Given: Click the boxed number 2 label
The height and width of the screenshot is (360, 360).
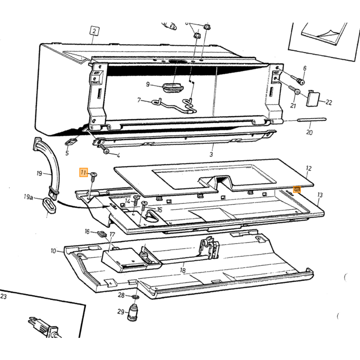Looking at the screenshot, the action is [x=94, y=31].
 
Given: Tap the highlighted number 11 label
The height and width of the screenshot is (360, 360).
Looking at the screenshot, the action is [x=83, y=172].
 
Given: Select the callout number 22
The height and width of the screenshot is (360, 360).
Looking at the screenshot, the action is [x=329, y=102].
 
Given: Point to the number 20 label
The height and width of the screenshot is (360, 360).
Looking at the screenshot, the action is [x=310, y=132].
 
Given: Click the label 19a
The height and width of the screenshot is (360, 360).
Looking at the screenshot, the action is [x=28, y=197].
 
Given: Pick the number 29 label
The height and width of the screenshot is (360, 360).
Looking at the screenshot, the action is [x=121, y=312].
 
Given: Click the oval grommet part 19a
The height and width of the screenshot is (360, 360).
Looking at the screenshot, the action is [x=49, y=206].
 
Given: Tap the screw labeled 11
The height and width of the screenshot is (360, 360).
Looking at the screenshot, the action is [x=94, y=176].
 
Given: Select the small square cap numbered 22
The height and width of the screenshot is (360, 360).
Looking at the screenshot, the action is [x=313, y=98].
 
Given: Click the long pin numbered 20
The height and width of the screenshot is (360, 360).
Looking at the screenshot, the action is [x=312, y=119].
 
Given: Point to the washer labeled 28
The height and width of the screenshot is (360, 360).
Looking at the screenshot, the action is [x=136, y=298].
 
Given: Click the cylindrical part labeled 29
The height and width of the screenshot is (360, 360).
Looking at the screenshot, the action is [x=133, y=313].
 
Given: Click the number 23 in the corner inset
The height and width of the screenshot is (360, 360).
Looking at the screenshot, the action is [x=4, y=296].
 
